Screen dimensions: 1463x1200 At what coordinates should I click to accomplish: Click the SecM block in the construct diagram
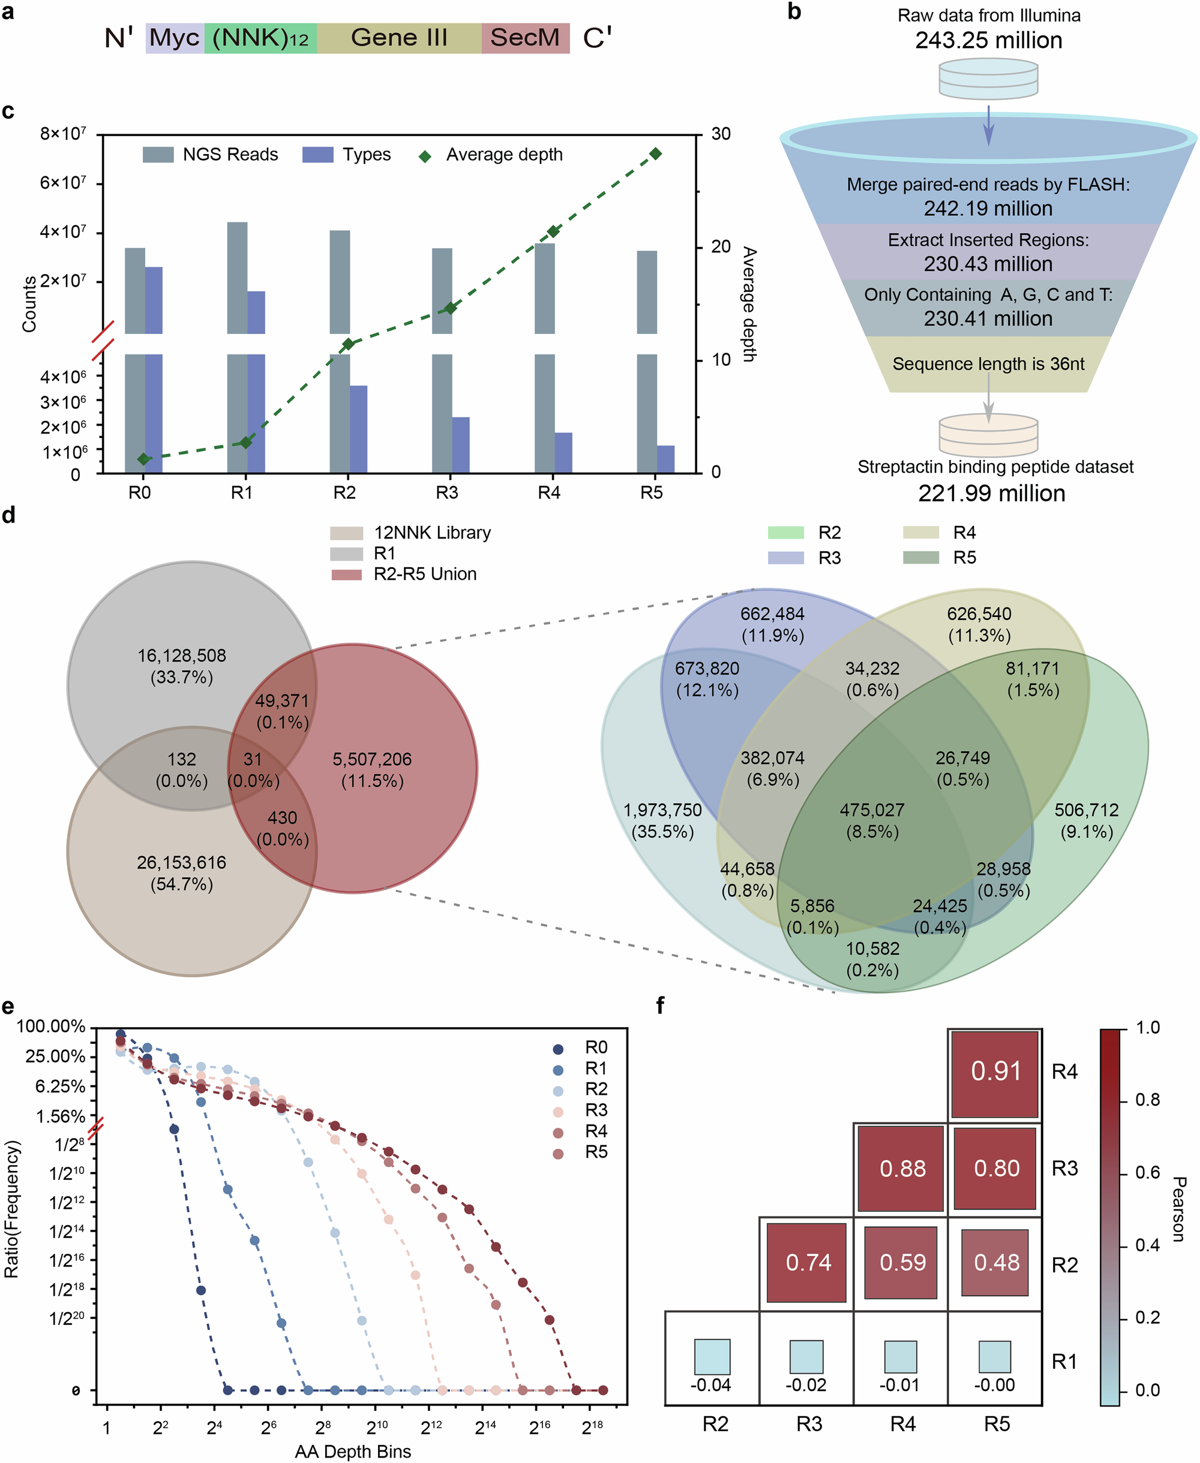[526, 38]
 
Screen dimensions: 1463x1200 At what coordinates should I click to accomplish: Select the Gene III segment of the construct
[399, 38]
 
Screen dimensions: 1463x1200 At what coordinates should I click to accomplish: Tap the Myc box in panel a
[174, 38]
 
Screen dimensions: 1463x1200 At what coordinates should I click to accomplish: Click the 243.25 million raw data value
[988, 41]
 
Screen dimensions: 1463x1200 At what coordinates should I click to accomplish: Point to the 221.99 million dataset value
[991, 493]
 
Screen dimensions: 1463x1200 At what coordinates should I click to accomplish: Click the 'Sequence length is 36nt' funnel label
[988, 364]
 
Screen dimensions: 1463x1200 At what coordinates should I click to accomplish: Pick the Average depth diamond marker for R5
[655, 153]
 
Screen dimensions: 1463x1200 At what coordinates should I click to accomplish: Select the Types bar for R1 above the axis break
[256, 312]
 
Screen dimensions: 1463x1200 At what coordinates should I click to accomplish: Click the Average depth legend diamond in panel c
[425, 156]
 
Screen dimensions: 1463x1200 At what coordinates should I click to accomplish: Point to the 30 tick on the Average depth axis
[721, 134]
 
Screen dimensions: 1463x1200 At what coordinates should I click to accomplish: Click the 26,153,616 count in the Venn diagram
[181, 863]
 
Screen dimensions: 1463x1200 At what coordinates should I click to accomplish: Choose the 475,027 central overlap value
[872, 810]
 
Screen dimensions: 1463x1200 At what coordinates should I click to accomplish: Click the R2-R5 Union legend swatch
[346, 574]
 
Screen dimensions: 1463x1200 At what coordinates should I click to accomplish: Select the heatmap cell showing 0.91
[995, 1071]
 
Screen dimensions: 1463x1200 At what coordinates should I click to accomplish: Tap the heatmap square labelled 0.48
[996, 1263]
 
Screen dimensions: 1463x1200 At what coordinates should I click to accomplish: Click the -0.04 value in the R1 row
[711, 1385]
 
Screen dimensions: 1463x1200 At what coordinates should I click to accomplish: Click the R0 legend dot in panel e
[558, 1049]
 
